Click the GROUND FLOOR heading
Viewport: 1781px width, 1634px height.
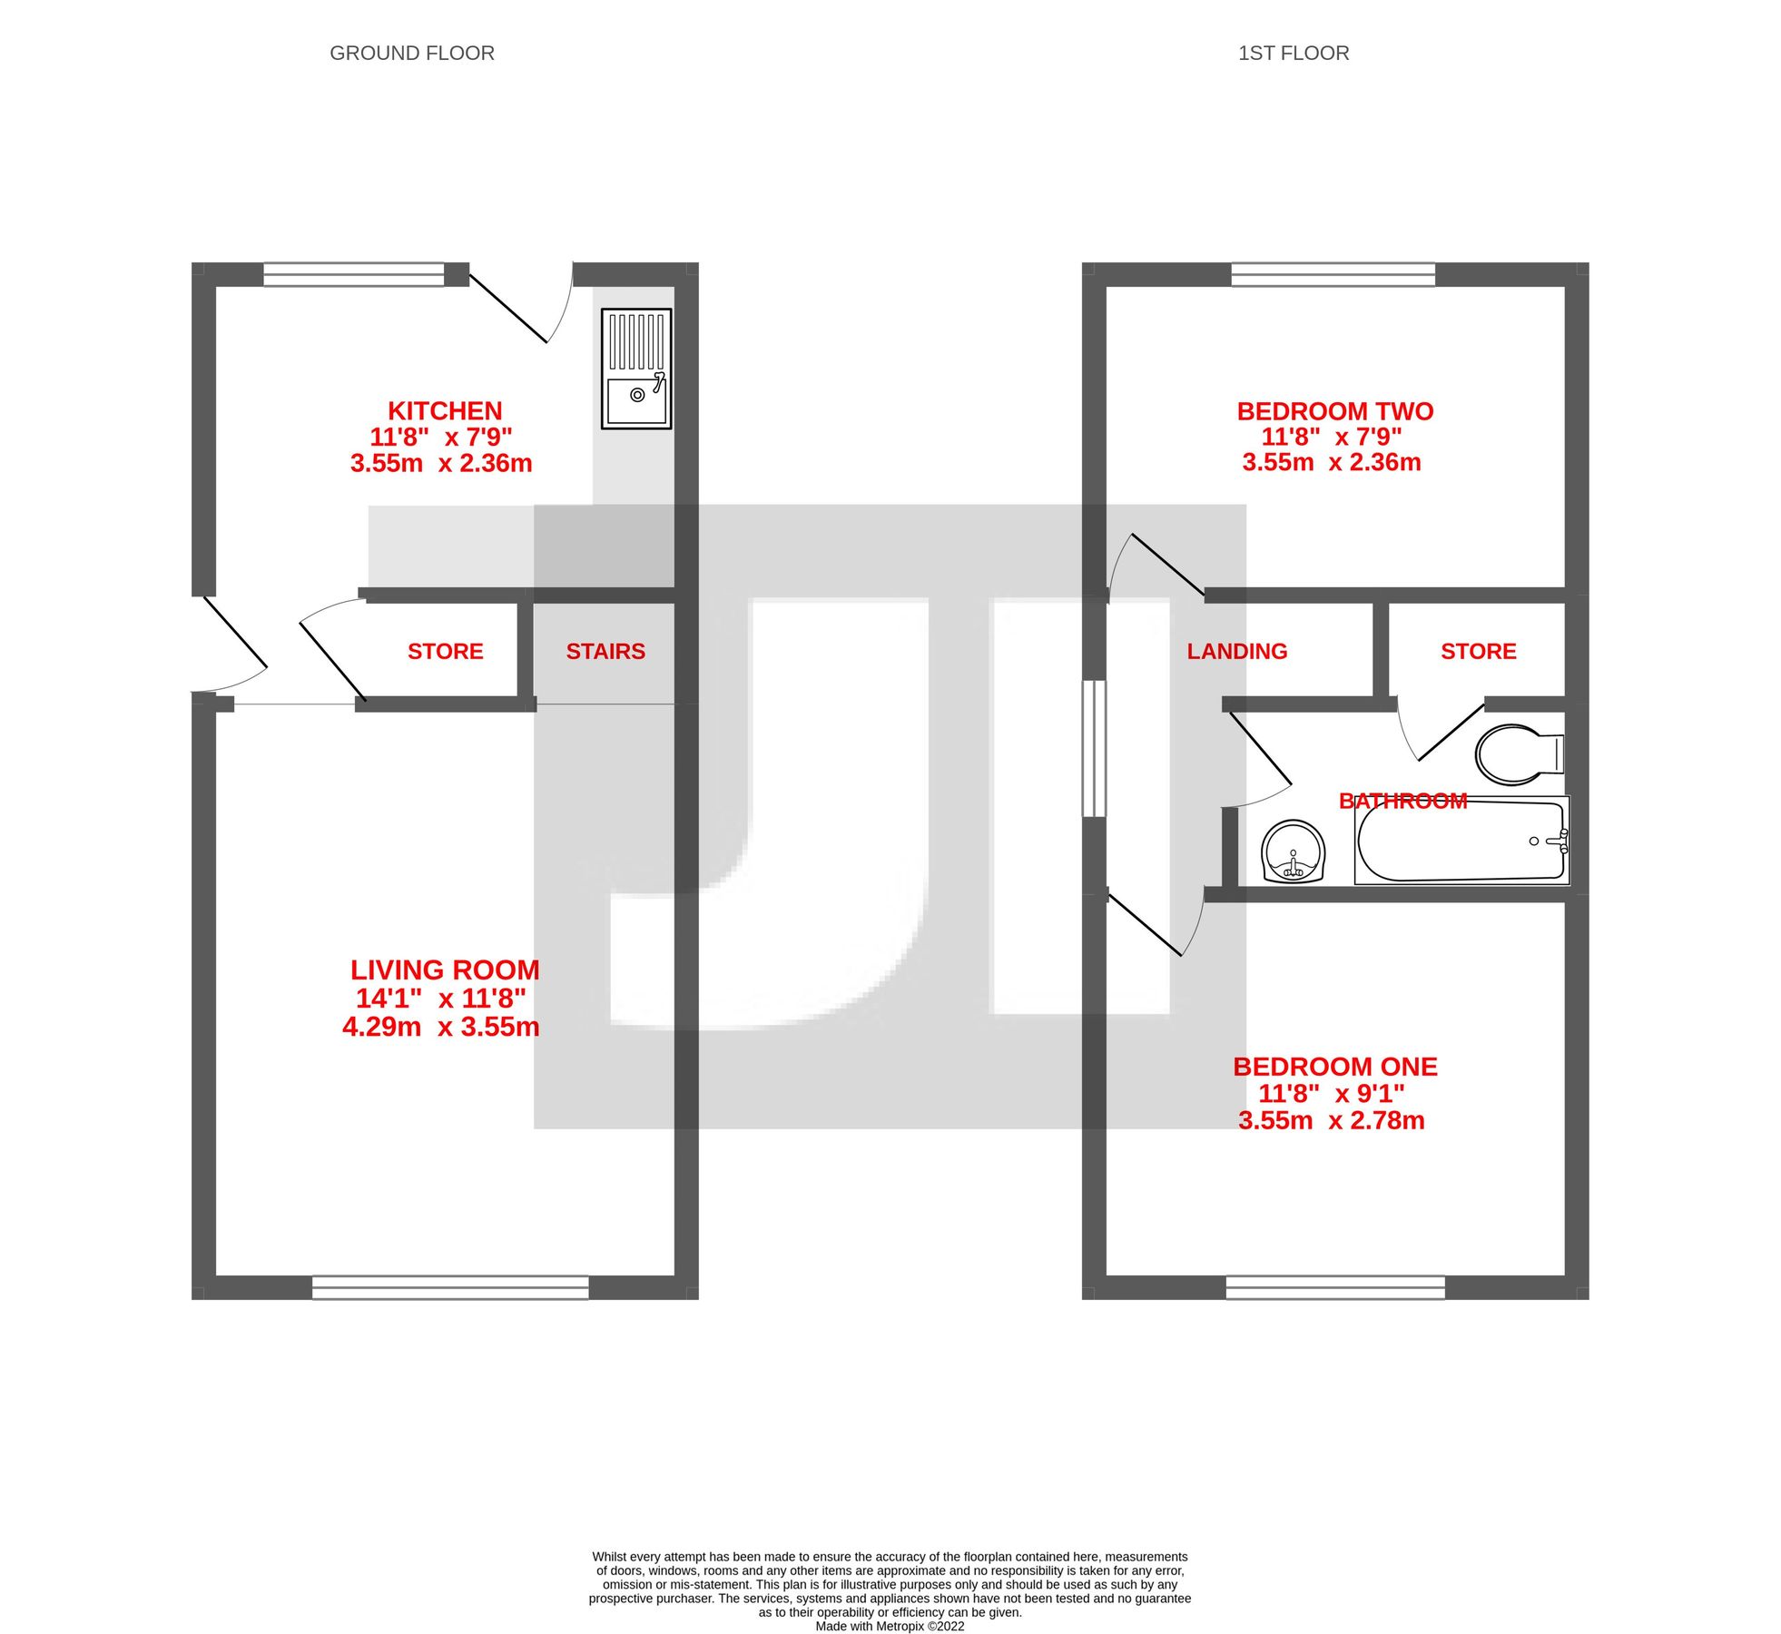point(411,54)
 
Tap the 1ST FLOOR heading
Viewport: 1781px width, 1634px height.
point(1293,54)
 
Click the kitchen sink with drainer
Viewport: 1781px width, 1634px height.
point(635,368)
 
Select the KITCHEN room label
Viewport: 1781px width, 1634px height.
point(445,410)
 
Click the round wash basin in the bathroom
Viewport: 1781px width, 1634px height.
point(1293,851)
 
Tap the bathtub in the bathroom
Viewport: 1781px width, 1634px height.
point(1461,841)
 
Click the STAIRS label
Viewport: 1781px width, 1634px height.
point(605,651)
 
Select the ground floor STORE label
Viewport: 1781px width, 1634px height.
point(445,651)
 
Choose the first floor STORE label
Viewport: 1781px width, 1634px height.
point(1478,651)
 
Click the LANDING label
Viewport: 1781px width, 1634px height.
point(1236,651)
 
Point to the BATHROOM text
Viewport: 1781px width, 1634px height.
point(1402,801)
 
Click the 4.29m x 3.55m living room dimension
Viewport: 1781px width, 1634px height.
point(440,1027)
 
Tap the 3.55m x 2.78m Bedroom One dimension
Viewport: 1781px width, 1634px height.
point(1331,1120)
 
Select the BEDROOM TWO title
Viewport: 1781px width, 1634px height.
point(1334,411)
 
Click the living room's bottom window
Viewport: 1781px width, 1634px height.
point(450,1287)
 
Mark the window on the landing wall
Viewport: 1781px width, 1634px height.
point(1094,748)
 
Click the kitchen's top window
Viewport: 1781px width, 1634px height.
point(353,274)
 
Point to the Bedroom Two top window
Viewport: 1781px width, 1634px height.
point(1333,274)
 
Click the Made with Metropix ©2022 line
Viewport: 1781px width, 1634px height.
point(889,1626)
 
